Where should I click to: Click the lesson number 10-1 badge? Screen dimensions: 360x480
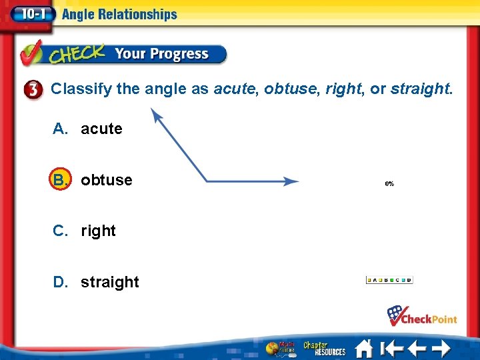pyautogui.click(x=27, y=14)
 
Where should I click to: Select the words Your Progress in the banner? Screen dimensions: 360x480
pyautogui.click(x=161, y=54)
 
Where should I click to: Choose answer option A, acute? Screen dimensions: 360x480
pyautogui.click(x=88, y=129)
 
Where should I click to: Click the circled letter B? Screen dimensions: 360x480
pyautogui.click(x=61, y=180)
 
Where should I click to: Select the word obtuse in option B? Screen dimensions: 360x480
pyautogui.click(x=107, y=180)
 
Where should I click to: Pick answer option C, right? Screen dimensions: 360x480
pyautogui.click(x=85, y=231)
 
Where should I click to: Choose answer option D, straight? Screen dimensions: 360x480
pyautogui.click(x=97, y=282)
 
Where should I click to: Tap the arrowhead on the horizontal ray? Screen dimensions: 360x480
pyautogui.click(x=291, y=181)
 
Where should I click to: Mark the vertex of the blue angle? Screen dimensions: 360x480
pyautogui.click(x=207, y=181)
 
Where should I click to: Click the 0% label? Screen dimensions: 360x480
pyautogui.click(x=389, y=183)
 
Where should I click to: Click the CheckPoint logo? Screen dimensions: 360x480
pyautogui.click(x=422, y=315)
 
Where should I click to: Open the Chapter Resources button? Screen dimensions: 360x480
pyautogui.click(x=325, y=349)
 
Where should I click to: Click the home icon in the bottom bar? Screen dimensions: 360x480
pyautogui.click(x=363, y=349)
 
